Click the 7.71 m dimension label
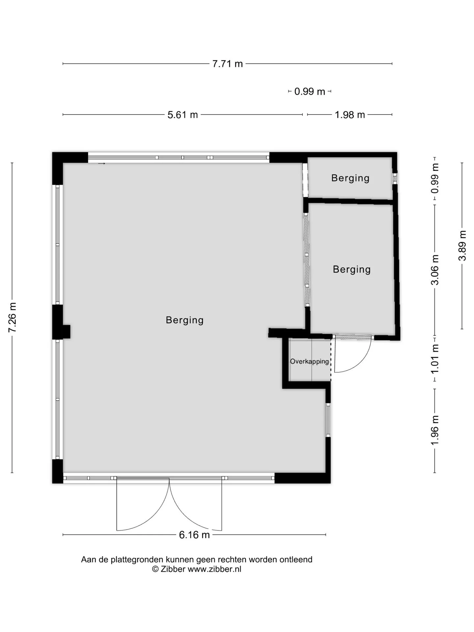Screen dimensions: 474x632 coord(227,64)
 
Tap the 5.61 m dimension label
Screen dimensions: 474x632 coord(183,115)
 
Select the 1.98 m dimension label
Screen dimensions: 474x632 coord(350,115)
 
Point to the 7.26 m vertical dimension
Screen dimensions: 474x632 coord(12,318)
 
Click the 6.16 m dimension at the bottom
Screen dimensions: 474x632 coord(194,535)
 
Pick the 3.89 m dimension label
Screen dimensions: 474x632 coord(462,246)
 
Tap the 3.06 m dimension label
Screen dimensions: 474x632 coord(435,270)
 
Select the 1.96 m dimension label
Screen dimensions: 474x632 coord(435,430)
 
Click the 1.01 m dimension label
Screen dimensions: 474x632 coord(435,359)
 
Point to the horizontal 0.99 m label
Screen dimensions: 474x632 coord(310,92)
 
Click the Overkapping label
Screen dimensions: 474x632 coord(309,361)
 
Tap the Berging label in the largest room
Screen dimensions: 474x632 coord(185,320)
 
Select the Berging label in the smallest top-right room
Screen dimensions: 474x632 coord(350,178)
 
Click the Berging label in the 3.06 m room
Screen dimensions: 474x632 coord(352,269)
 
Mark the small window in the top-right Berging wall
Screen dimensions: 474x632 coord(395,178)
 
